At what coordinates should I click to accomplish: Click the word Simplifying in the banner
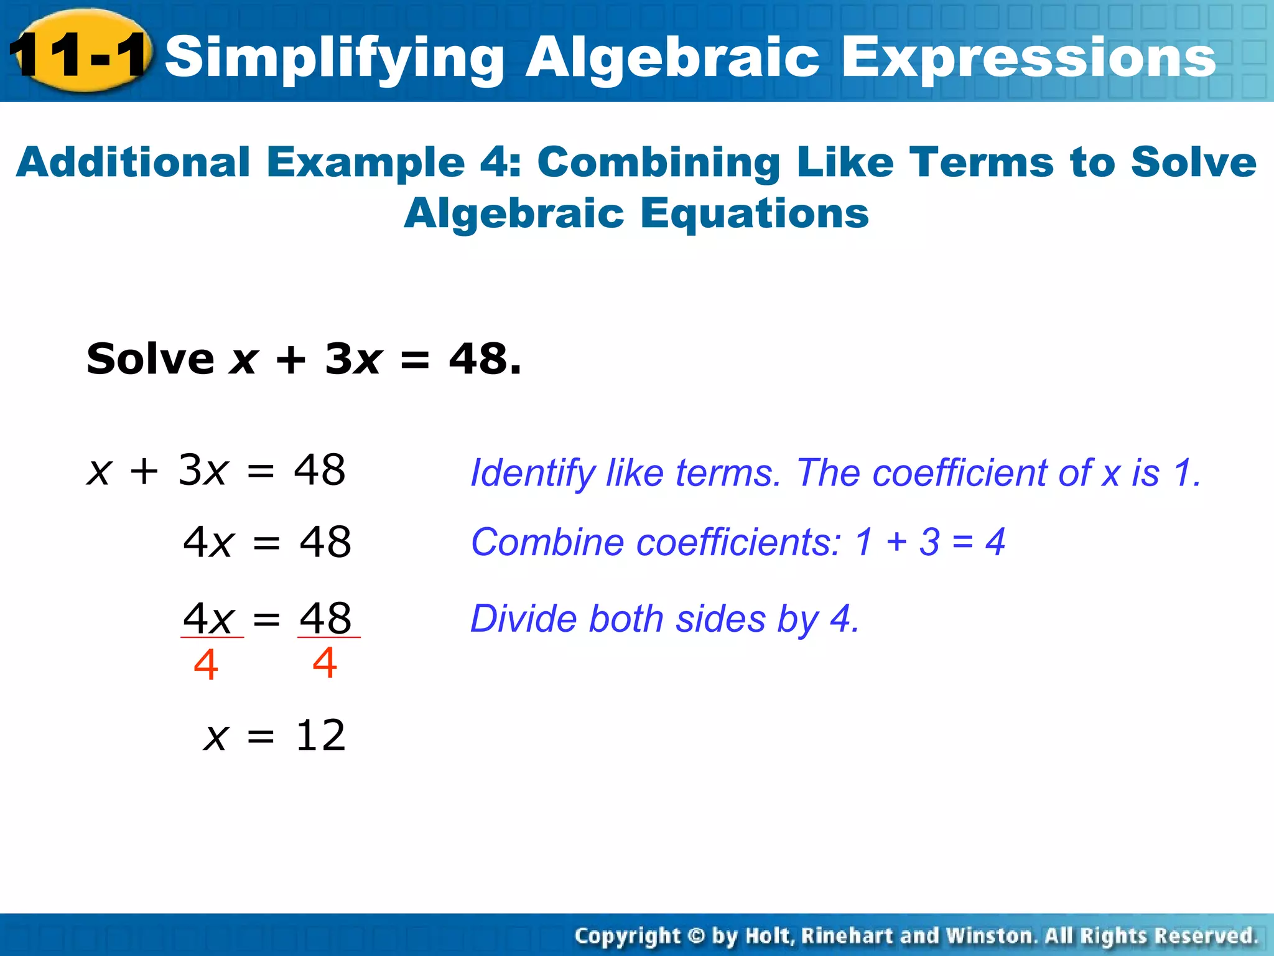pos(334,57)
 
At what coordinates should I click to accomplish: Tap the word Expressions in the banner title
pos(1028,57)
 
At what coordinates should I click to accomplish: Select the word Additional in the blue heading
pos(133,162)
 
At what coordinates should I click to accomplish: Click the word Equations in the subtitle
pos(754,213)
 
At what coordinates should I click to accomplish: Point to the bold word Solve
pos(150,359)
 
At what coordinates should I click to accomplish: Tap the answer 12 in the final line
pos(320,735)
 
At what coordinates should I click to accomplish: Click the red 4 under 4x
pos(205,665)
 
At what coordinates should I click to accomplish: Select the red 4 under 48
pos(325,662)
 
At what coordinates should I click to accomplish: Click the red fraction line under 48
pos(328,637)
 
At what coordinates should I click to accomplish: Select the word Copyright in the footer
pos(627,935)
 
